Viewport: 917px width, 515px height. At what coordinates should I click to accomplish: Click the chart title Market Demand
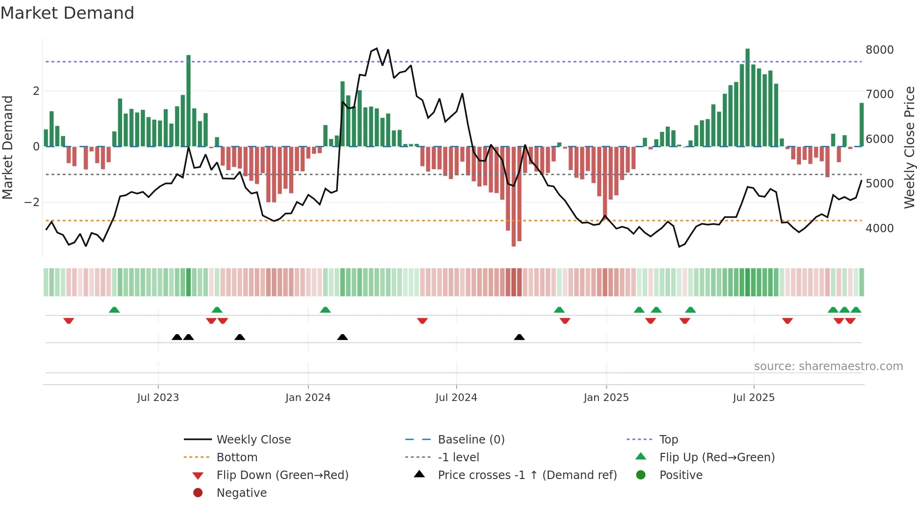point(67,13)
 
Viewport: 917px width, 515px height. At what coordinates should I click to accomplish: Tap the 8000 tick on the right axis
point(879,50)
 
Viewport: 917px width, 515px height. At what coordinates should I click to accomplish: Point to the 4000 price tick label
point(879,229)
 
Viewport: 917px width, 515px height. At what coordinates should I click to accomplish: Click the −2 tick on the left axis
point(32,202)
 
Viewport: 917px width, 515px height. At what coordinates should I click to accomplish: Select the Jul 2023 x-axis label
point(158,398)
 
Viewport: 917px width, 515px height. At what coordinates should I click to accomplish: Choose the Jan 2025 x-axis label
point(606,398)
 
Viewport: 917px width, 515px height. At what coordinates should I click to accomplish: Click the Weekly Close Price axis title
point(909,147)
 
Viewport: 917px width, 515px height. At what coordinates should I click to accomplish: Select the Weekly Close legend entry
point(253,440)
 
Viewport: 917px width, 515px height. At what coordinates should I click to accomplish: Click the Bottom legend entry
point(237,458)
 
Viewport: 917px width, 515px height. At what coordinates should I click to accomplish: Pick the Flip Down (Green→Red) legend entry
point(282,475)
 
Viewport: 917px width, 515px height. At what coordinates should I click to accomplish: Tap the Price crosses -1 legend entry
point(527,475)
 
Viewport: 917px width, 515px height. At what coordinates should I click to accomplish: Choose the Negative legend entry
point(241,493)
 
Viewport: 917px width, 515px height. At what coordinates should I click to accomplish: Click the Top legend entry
point(668,440)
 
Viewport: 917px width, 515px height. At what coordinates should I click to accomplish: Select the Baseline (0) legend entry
point(471,440)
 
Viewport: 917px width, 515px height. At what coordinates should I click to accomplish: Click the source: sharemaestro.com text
point(828,366)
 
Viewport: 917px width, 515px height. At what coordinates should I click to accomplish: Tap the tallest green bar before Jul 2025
point(747,98)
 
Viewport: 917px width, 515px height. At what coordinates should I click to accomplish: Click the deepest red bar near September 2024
point(514,196)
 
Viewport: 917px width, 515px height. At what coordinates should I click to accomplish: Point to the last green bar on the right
point(861,125)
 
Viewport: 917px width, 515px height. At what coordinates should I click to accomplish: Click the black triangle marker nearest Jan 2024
point(342,337)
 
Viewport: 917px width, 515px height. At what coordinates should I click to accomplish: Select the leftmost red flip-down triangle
point(69,321)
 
